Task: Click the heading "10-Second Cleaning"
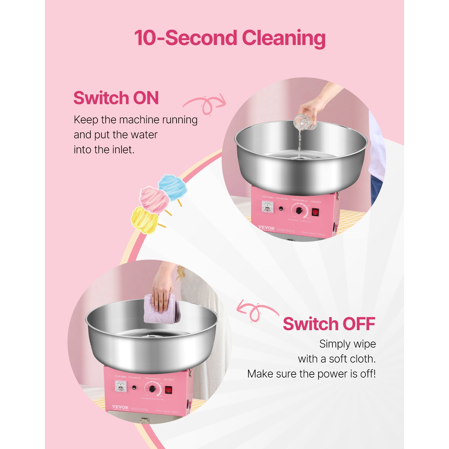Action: tap(230, 38)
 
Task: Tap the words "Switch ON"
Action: tap(116, 98)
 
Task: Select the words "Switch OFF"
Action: tap(329, 324)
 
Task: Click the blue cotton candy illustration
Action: tap(173, 187)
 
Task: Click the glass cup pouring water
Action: tap(305, 122)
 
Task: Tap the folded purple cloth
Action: tap(162, 309)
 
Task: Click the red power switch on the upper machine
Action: tap(315, 212)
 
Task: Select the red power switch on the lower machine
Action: tap(169, 390)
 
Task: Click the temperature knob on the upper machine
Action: tap(299, 211)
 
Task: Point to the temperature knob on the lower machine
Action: tap(152, 389)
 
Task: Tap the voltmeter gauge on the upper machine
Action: tap(267, 207)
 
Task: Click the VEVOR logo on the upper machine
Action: tap(266, 228)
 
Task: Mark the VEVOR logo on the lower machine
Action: tap(120, 407)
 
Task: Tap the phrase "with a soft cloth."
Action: tap(337, 359)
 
